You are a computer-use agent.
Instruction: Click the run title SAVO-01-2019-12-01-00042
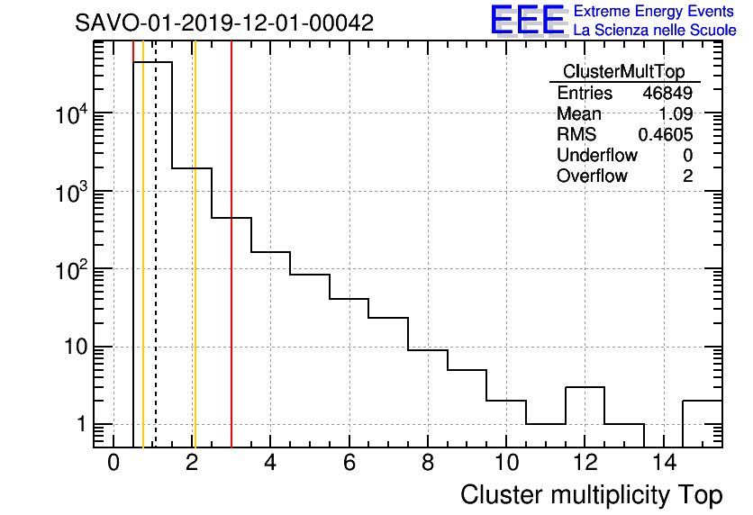[224, 23]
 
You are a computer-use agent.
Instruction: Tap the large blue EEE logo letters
[528, 20]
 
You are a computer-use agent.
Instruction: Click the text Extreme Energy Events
[655, 12]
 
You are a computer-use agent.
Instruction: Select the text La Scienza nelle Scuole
[655, 31]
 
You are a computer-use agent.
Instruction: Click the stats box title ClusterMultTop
[623, 72]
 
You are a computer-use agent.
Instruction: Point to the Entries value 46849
[667, 94]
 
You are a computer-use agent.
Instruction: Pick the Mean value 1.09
[676, 114]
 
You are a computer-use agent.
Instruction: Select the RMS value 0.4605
[666, 135]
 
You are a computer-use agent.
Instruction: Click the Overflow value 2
[687, 176]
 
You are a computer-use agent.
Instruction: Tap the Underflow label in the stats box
[596, 156]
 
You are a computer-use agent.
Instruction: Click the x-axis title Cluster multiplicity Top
[591, 495]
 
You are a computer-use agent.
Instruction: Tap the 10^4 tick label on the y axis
[71, 114]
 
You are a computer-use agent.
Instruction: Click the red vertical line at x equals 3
[231, 270]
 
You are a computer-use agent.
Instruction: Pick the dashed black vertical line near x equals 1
[156, 270]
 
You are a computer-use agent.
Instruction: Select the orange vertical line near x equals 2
[195, 270]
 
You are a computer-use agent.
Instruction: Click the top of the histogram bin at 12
[585, 387]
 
